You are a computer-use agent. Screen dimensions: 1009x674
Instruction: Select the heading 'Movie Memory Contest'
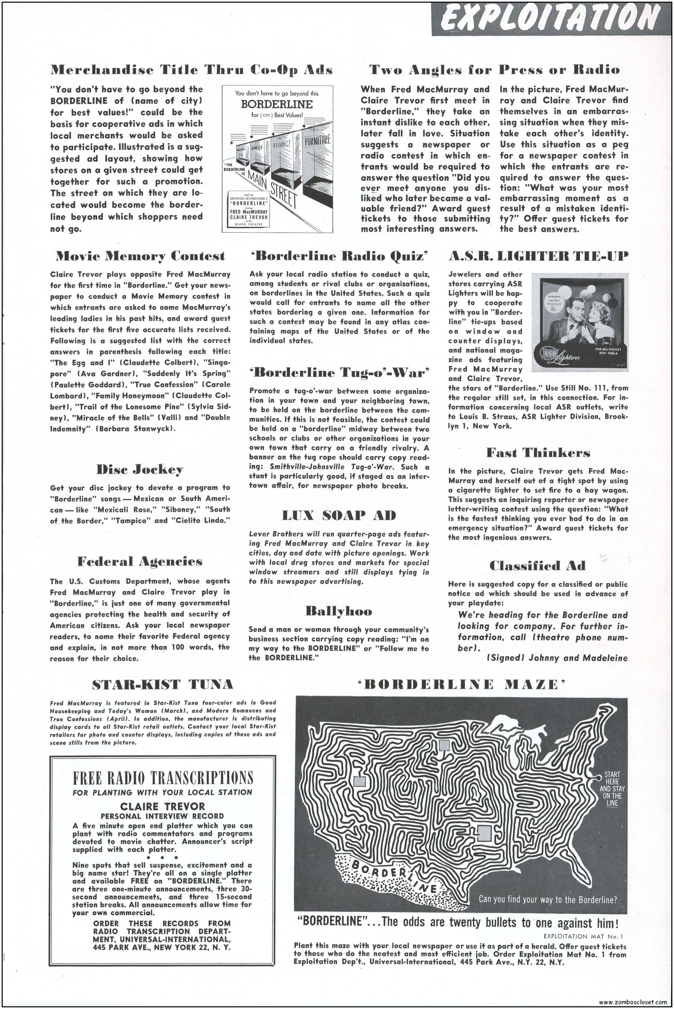click(x=140, y=256)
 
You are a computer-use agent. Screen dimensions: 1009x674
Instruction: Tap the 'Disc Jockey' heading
click(x=140, y=469)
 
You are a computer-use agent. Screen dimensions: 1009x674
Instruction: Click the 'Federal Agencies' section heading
click(x=140, y=561)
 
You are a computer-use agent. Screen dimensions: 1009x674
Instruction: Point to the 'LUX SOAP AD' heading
click(x=339, y=515)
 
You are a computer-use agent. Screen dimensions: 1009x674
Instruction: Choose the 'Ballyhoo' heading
click(x=339, y=611)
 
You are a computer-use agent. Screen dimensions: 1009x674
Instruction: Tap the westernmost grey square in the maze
click(x=359, y=781)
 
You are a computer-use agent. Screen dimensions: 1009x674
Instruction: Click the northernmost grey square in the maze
click(x=444, y=745)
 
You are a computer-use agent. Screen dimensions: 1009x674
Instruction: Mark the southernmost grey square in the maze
click(x=484, y=833)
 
